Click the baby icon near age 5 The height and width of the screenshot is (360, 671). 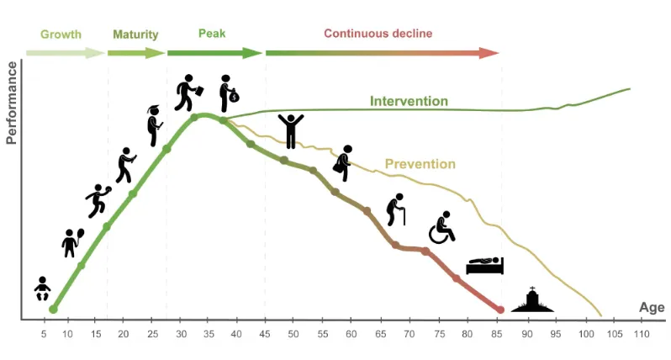click(x=42, y=289)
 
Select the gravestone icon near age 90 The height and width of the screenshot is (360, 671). click(x=532, y=300)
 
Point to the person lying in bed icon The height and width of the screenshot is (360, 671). click(x=484, y=266)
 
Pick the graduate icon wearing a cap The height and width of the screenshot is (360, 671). click(x=154, y=125)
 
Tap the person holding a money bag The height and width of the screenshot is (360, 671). click(x=228, y=93)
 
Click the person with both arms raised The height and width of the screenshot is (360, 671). click(x=291, y=130)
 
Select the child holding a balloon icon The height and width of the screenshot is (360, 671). click(x=72, y=242)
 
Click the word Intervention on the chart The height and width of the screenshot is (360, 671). click(x=409, y=102)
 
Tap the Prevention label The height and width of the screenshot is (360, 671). click(x=420, y=164)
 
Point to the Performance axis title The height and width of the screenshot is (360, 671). click(x=12, y=103)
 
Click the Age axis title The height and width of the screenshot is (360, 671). click(x=652, y=308)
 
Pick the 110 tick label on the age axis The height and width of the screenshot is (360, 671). click(x=641, y=335)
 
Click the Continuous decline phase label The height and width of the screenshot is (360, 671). click(x=378, y=34)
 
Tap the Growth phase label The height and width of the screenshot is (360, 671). click(x=61, y=34)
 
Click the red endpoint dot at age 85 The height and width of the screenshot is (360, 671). click(x=500, y=310)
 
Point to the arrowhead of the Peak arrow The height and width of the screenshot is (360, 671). click(x=257, y=53)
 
